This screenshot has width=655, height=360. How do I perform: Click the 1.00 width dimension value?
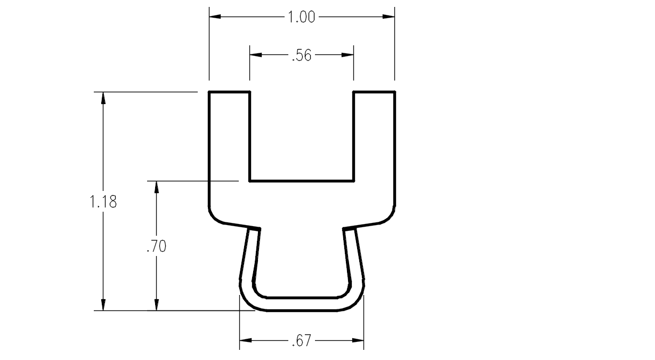302,17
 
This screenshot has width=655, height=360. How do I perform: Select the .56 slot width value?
302,55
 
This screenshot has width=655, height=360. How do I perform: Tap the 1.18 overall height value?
103,202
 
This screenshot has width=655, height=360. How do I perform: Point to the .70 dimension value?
157,246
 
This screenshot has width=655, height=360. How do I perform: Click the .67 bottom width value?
302,341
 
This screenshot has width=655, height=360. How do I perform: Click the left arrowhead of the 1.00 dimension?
215,17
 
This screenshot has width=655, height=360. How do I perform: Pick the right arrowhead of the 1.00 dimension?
389,17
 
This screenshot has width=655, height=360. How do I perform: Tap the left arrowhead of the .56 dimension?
256,55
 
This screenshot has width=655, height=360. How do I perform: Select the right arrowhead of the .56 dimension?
347,55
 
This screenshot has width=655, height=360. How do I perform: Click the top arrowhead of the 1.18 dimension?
103,98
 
